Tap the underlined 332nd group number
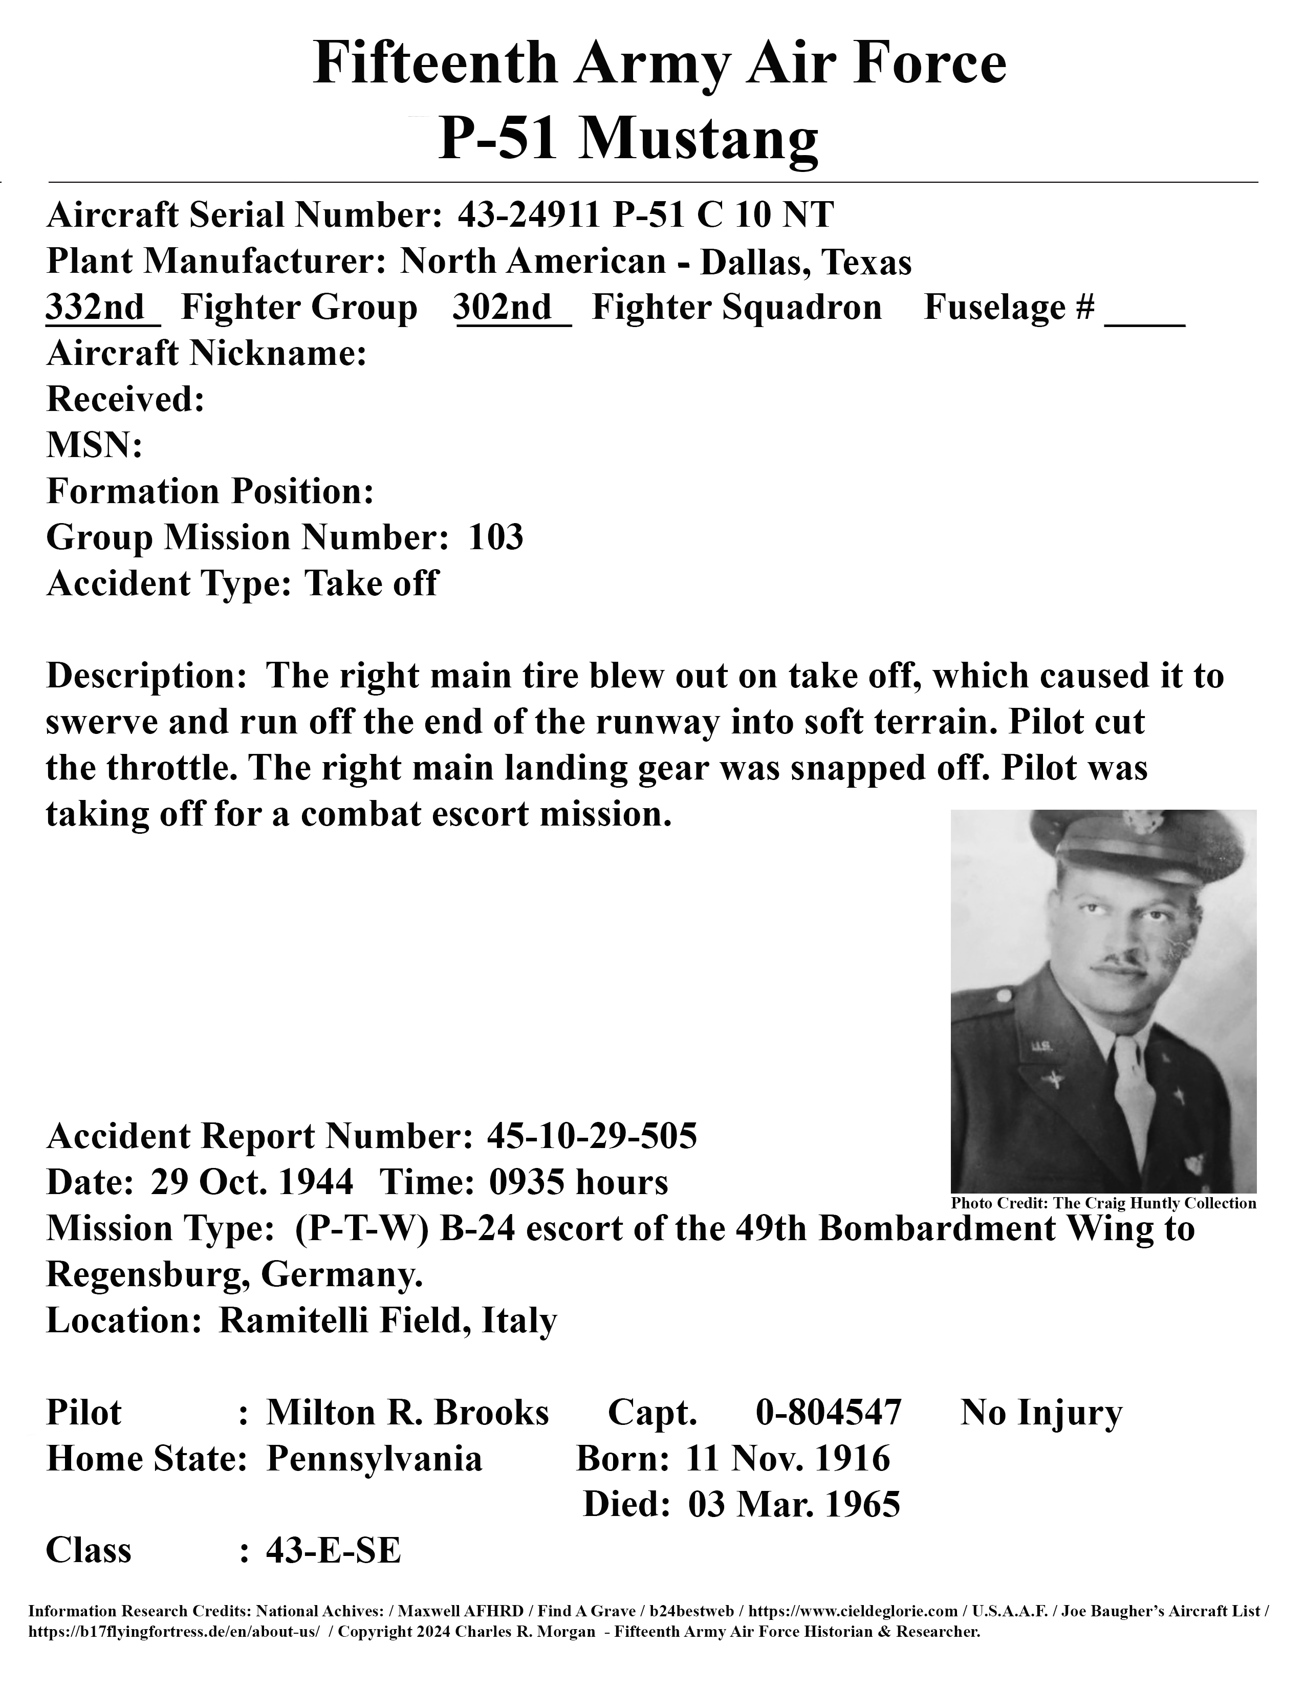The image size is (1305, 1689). coord(96,308)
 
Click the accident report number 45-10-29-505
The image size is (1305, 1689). coord(592,1136)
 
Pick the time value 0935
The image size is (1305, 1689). coord(524,1182)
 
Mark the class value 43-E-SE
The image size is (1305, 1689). coord(333,1551)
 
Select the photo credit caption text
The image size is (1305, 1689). coord(1103,1203)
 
